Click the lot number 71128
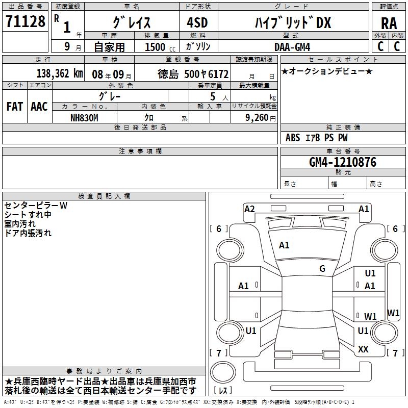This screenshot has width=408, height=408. point(25,22)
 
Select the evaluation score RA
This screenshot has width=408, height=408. point(389,23)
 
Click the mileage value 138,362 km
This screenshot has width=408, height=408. point(59,73)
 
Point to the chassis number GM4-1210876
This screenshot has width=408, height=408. point(343,162)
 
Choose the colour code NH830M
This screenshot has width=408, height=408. point(85,117)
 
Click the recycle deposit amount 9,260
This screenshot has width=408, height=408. point(257,117)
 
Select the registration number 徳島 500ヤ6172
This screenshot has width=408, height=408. point(193,73)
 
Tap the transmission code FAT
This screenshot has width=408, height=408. point(15,106)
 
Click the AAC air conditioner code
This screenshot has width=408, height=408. point(39,106)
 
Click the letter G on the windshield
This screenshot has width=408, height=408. point(322,269)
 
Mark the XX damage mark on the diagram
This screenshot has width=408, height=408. point(363,349)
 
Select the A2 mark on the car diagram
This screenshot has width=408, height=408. point(249,209)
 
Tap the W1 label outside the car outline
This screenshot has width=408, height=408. point(393,313)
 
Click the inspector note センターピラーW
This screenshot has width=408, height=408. point(36,206)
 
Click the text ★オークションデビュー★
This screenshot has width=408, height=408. point(327,71)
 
